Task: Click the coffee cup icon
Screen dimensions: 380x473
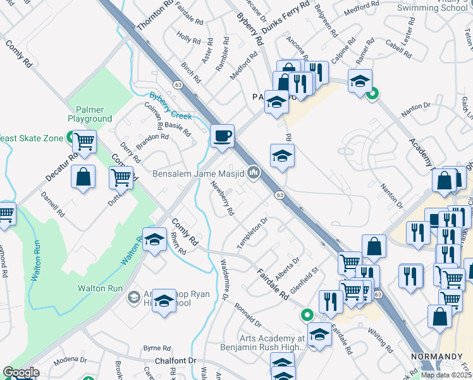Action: pos(222,136)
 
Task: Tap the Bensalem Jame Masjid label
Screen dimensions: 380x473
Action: pos(198,173)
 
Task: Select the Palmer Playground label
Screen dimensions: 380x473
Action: pos(90,114)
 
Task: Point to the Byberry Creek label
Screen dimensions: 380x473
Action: pos(170,106)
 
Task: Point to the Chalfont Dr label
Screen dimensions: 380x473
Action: pos(176,360)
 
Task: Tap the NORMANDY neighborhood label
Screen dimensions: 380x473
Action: pos(433,357)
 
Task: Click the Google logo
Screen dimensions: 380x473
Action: pos(21,373)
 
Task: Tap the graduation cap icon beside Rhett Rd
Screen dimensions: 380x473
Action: pos(154,239)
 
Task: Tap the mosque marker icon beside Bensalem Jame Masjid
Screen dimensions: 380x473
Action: pos(254,172)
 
